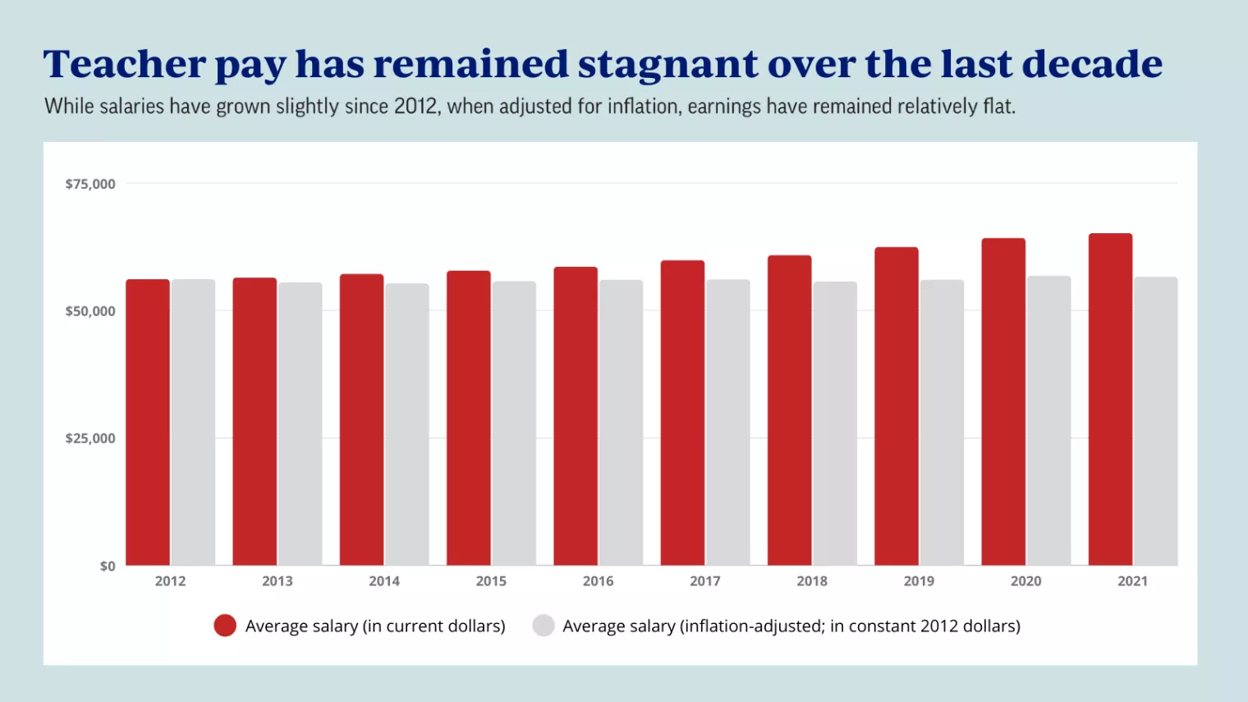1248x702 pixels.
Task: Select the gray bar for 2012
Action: tap(193, 422)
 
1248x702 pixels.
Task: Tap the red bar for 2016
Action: tap(576, 416)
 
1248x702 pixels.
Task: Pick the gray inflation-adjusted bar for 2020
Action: tap(1048, 420)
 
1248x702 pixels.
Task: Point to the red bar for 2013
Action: tap(255, 421)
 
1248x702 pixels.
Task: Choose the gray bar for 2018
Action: tap(835, 423)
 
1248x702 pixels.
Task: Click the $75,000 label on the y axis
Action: tap(90, 184)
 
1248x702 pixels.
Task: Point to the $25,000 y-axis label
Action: tap(90, 438)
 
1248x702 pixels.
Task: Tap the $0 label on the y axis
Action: tap(108, 566)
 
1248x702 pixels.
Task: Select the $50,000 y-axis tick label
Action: tap(90, 311)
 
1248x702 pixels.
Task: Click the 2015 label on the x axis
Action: tap(491, 581)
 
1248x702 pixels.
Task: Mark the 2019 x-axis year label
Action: tap(919, 581)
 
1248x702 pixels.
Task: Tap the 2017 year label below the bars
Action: tap(704, 581)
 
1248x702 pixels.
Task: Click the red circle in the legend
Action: tap(225, 626)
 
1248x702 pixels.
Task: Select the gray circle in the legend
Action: tap(544, 626)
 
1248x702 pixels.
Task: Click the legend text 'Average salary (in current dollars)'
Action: tap(375, 626)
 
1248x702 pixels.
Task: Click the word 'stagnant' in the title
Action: tap(668, 65)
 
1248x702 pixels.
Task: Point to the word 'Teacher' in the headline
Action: tap(124, 64)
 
